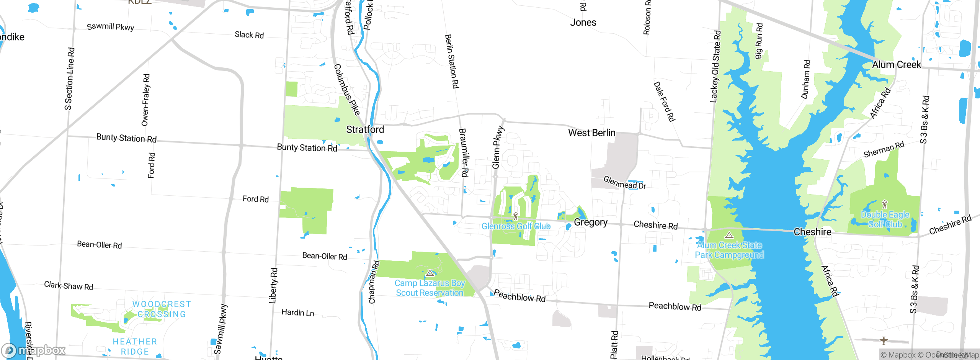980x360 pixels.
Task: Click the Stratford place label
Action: click(365, 129)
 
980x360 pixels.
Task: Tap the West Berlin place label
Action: click(591, 133)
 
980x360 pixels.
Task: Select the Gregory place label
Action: click(590, 223)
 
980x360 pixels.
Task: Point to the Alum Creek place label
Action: click(896, 65)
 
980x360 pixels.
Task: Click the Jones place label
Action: click(583, 23)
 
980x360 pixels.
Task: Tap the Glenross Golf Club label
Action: click(516, 226)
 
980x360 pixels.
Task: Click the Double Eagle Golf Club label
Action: click(885, 219)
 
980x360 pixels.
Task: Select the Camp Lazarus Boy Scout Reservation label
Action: click(430, 288)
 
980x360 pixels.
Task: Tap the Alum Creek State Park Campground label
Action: click(729, 250)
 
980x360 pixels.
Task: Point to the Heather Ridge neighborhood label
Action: click(135, 347)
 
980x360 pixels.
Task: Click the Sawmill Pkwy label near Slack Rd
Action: click(110, 27)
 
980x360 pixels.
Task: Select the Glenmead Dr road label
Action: click(624, 183)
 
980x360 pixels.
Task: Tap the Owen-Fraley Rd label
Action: click(145, 100)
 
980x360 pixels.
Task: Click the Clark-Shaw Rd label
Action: click(69, 286)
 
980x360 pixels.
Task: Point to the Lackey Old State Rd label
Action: click(715, 67)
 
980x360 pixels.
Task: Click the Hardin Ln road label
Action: click(297, 313)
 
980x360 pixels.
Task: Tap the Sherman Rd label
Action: click(884, 149)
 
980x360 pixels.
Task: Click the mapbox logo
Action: click(34, 350)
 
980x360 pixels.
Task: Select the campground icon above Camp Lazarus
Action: click(430, 273)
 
